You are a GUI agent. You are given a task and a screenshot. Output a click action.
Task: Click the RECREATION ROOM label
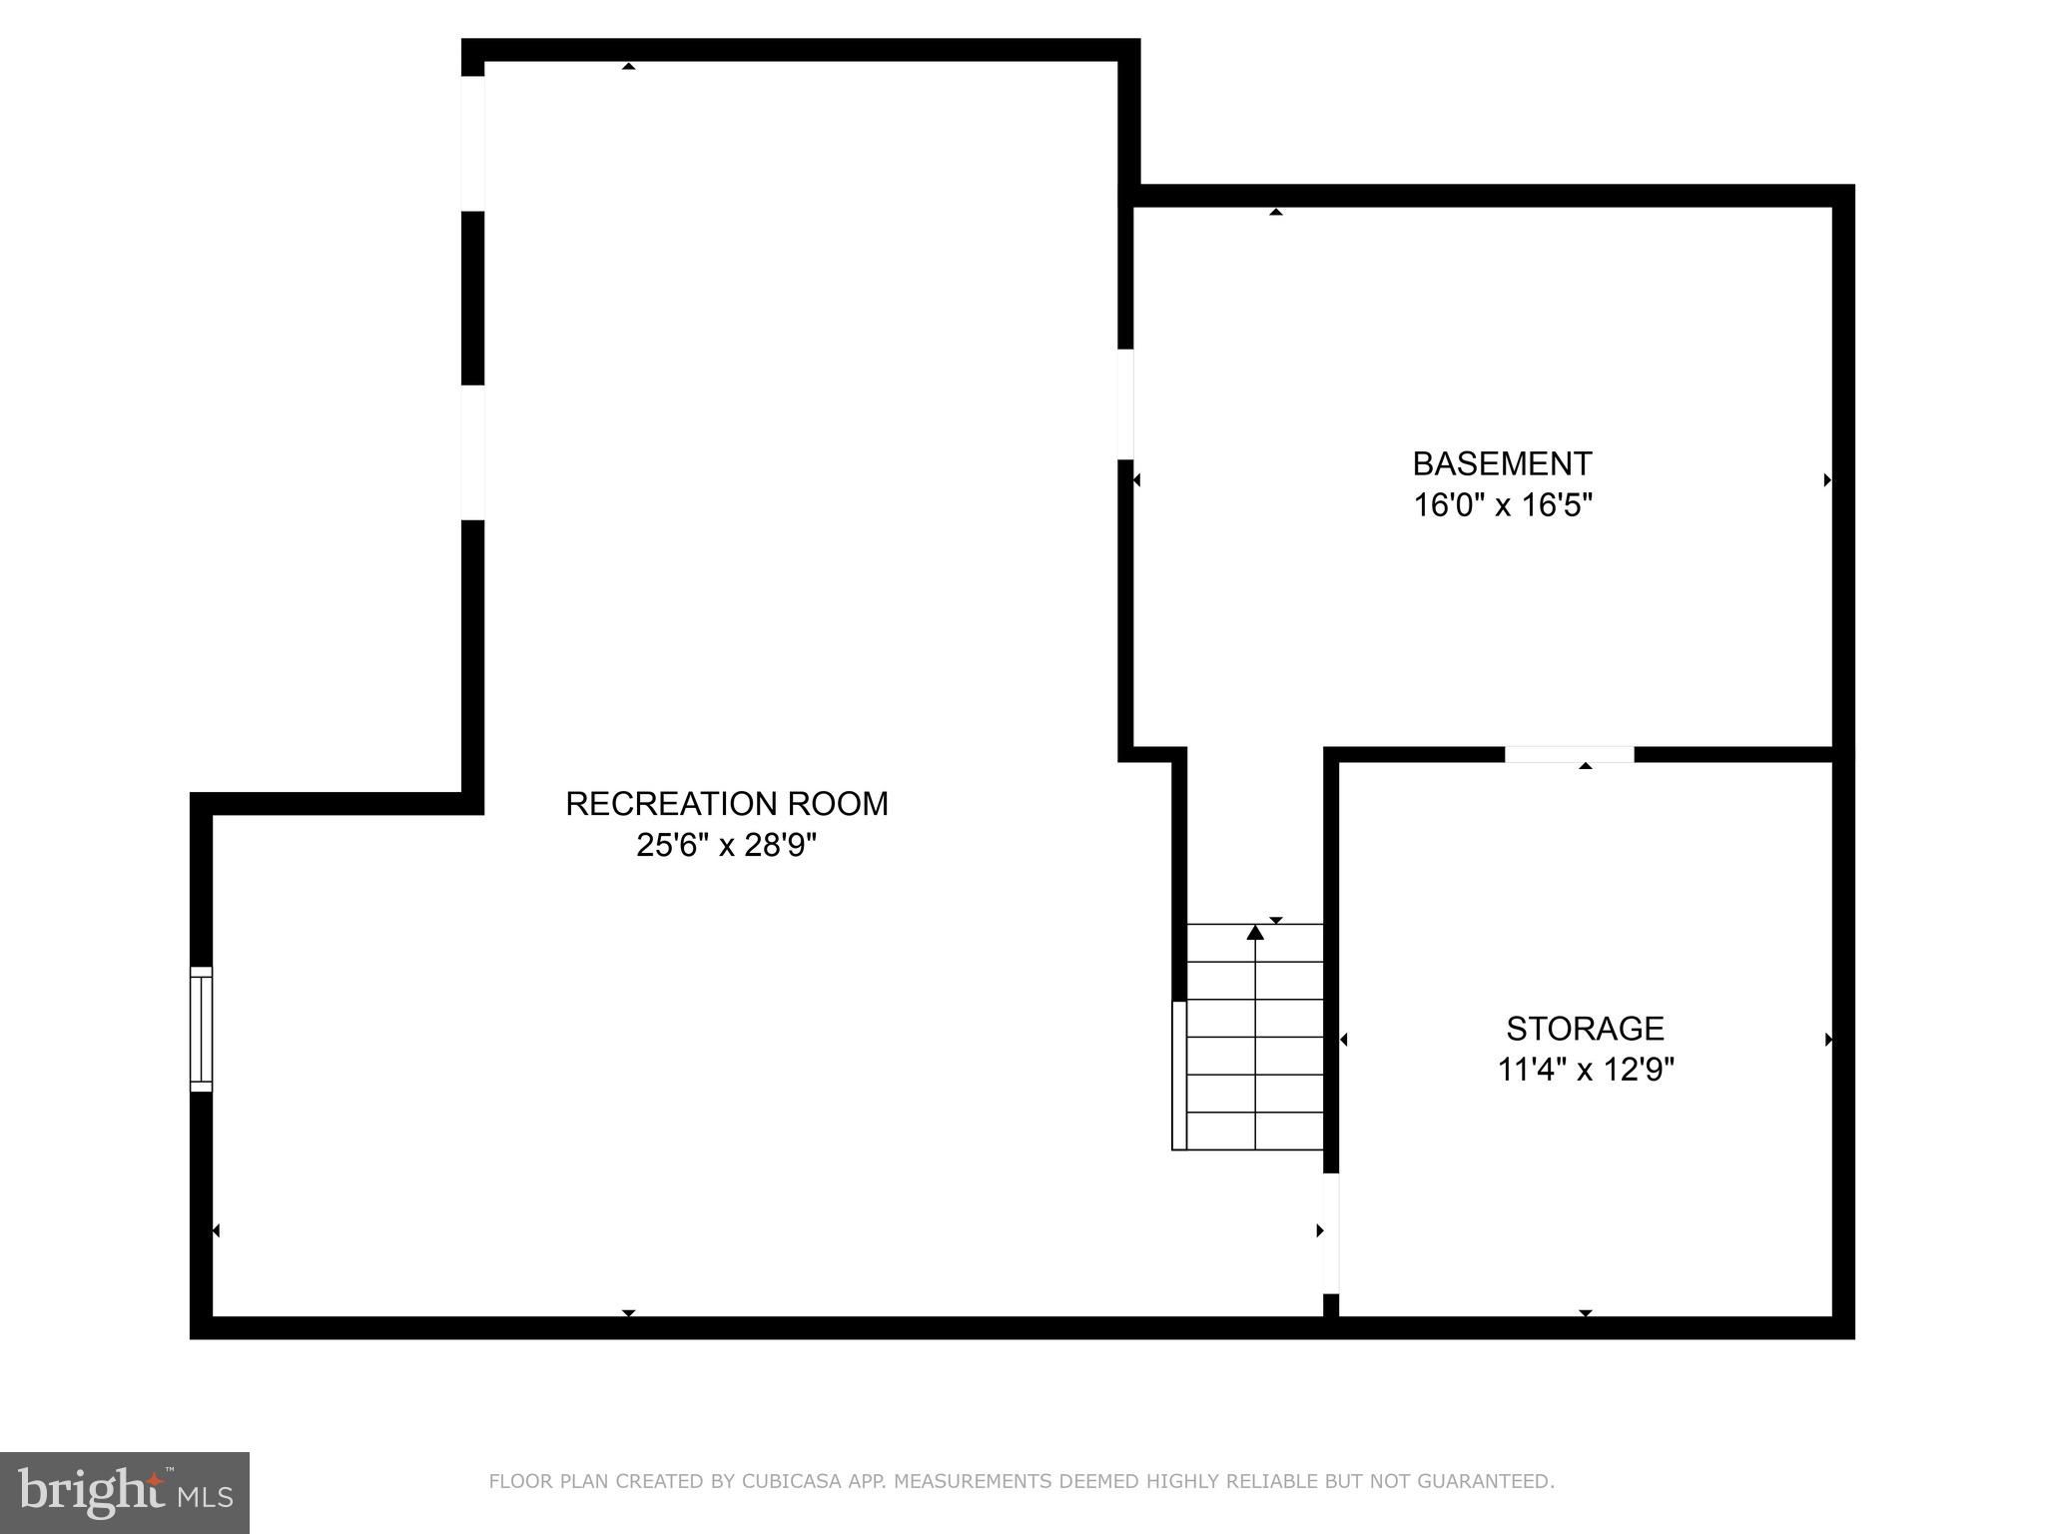pyautogui.click(x=726, y=804)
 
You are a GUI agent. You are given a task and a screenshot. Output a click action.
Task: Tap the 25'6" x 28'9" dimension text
pyautogui.click(x=726, y=846)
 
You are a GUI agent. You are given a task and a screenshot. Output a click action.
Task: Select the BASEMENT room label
pyautogui.click(x=1501, y=464)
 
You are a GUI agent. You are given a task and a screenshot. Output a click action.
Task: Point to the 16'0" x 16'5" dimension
pyautogui.click(x=1501, y=505)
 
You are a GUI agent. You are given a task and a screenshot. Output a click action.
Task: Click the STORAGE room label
pyautogui.click(x=1585, y=1029)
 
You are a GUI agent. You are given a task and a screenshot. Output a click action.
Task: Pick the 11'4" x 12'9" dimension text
pyautogui.click(x=1585, y=1071)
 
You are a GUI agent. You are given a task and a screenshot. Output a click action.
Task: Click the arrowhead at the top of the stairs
pyautogui.click(x=1255, y=933)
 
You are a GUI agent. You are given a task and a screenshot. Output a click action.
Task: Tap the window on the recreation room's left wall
pyautogui.click(x=202, y=1029)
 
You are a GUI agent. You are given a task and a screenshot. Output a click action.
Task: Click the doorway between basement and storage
pyautogui.click(x=1569, y=754)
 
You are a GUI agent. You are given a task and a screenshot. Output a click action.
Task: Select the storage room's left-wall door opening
pyautogui.click(x=1330, y=1232)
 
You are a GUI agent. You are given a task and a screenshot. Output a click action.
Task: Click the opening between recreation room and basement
pyautogui.click(x=1125, y=403)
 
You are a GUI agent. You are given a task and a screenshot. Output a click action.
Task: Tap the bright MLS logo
pyautogui.click(x=124, y=1493)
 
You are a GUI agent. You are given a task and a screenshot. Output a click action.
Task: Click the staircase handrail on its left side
pyautogui.click(x=1179, y=1075)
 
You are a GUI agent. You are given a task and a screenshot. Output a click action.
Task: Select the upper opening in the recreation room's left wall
pyautogui.click(x=472, y=143)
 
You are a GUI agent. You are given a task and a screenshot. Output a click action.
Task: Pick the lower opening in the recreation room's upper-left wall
pyautogui.click(x=472, y=451)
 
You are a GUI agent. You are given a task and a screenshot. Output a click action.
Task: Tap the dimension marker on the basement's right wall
pyautogui.click(x=1827, y=480)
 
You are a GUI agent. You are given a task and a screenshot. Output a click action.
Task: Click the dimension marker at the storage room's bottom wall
pyautogui.click(x=1586, y=1313)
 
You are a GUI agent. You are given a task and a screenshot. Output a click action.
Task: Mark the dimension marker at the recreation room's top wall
pyautogui.click(x=628, y=66)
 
